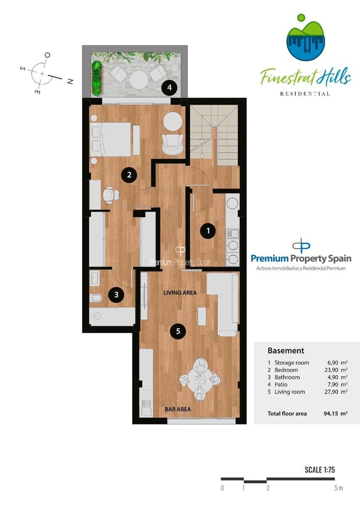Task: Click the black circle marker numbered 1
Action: click(x=208, y=231)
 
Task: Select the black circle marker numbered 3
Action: click(x=116, y=295)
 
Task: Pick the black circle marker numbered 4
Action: click(x=170, y=88)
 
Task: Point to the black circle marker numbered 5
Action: click(x=178, y=332)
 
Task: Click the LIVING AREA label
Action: click(x=180, y=293)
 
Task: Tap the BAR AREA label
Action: click(x=177, y=409)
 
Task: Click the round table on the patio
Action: click(x=138, y=79)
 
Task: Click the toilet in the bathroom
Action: click(x=96, y=298)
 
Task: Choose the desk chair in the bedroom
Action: click(x=110, y=194)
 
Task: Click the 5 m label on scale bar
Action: click(x=338, y=488)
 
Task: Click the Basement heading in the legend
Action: click(x=286, y=351)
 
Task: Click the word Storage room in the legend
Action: click(x=292, y=363)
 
